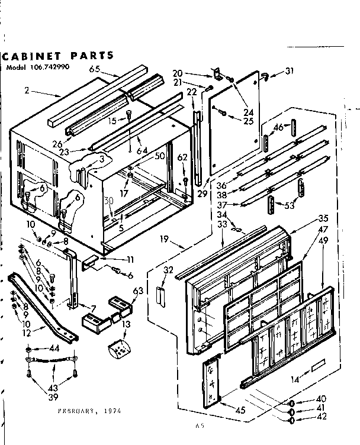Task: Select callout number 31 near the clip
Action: (x=289, y=72)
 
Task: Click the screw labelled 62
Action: (x=185, y=180)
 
